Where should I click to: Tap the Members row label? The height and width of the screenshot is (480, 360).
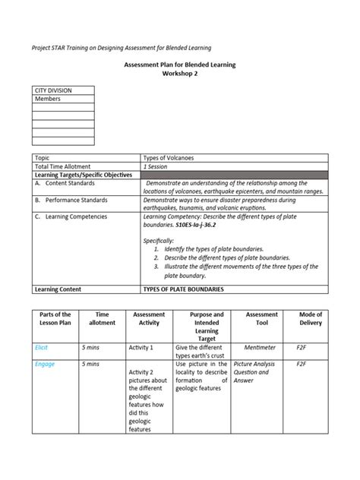[x=47, y=99]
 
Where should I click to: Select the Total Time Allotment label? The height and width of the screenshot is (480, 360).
[x=63, y=166]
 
